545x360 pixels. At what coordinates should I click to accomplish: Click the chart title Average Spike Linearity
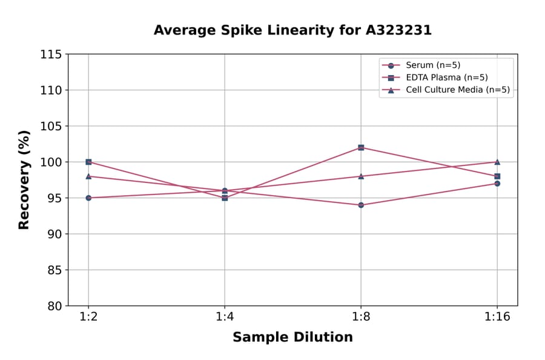click(292, 30)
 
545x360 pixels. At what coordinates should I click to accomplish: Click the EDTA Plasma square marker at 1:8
click(361, 147)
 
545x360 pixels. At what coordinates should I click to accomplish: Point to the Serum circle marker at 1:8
click(361, 205)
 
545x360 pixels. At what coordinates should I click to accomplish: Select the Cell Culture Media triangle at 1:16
click(497, 162)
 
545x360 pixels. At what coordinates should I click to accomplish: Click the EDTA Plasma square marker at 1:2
click(88, 162)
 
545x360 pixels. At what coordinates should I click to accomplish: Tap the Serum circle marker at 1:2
click(88, 198)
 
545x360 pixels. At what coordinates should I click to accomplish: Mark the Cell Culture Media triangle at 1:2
click(88, 176)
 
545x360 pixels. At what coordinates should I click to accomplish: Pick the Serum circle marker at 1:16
click(497, 183)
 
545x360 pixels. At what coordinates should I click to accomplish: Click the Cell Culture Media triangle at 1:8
click(361, 176)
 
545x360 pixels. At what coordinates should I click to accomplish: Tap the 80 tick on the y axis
click(54, 306)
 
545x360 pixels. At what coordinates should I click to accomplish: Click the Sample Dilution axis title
click(292, 338)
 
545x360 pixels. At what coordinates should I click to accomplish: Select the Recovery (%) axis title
click(24, 179)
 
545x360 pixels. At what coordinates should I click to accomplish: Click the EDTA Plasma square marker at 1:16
click(497, 176)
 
